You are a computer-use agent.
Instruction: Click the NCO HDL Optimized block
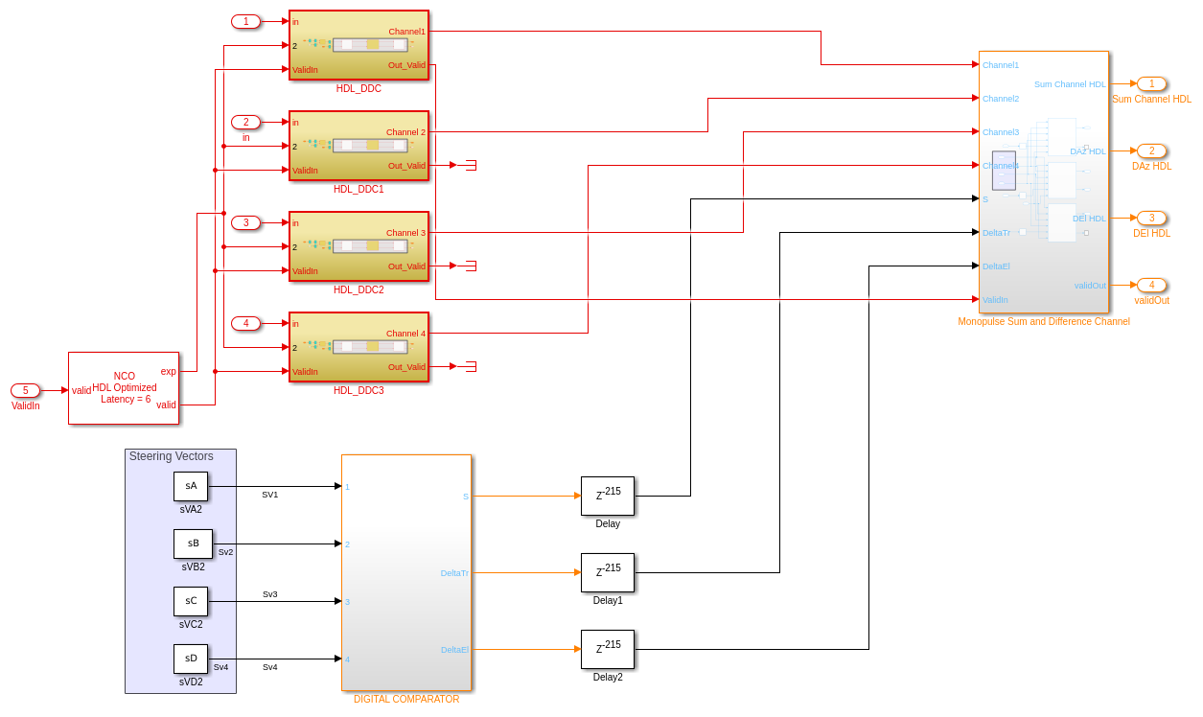[x=124, y=387]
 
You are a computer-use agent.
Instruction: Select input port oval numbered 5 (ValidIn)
[x=25, y=390]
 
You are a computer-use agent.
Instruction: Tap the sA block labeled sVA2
[x=191, y=486]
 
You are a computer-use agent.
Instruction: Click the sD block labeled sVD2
[x=191, y=659]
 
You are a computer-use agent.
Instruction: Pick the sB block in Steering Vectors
[x=193, y=544]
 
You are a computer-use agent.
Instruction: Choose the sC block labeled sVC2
[x=191, y=601]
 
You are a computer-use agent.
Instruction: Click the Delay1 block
[x=608, y=572]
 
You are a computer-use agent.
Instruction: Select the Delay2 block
[x=608, y=649]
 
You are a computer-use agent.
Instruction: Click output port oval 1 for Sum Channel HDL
[x=1152, y=83]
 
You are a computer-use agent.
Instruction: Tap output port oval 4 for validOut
[x=1152, y=285]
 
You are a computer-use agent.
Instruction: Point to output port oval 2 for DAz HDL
[x=1152, y=150]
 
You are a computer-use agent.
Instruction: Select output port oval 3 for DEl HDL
[x=1152, y=218]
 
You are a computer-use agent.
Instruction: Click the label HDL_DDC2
[x=359, y=289]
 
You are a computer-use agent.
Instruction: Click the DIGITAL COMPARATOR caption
[x=406, y=699]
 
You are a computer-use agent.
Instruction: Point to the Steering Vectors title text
[x=172, y=456]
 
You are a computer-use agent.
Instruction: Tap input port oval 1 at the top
[x=245, y=21]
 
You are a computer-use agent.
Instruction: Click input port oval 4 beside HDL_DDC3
[x=245, y=323]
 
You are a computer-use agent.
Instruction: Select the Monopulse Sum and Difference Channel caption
[x=1044, y=321]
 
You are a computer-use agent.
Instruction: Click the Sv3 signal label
[x=270, y=594]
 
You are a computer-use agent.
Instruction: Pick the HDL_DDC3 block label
[x=359, y=390]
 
